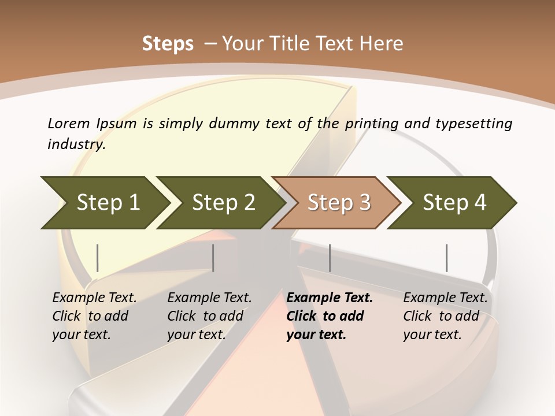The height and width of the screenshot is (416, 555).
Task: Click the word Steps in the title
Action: [168, 43]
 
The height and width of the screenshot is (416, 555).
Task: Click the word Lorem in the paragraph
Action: [69, 123]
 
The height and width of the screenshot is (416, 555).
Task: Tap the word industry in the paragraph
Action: [76, 144]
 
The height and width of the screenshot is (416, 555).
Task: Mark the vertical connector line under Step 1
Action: [98, 258]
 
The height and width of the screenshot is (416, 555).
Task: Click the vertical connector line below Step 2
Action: [213, 258]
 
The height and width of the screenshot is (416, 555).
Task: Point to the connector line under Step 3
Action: [330, 258]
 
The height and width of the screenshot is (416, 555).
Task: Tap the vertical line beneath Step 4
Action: [447, 258]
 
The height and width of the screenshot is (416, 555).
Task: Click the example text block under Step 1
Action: [94, 316]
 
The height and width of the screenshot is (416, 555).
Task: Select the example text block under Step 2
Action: [209, 316]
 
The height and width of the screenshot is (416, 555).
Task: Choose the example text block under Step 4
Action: [445, 316]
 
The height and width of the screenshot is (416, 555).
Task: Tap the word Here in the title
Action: [385, 43]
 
